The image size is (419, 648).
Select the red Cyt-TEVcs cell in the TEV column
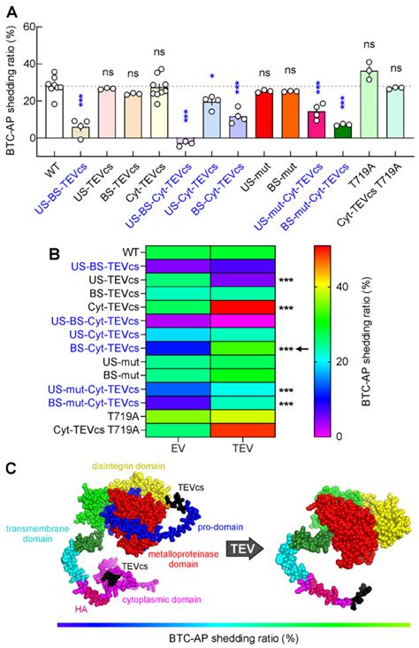242,305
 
